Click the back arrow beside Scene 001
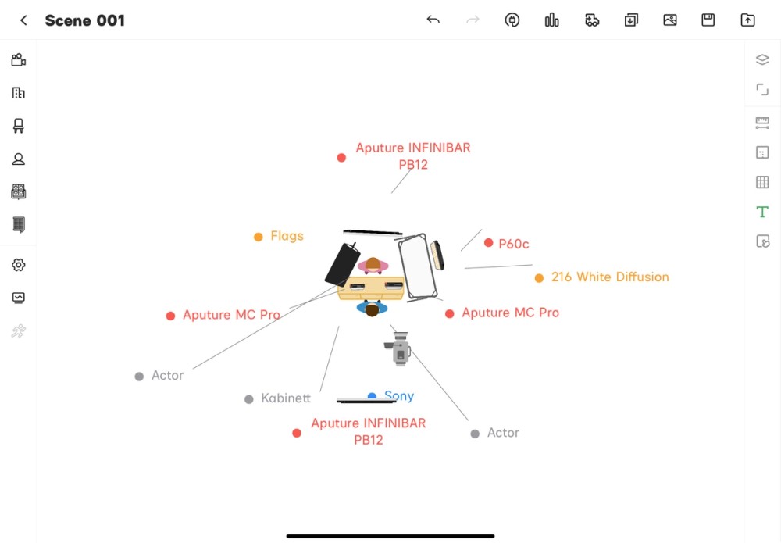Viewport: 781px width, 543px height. point(23,20)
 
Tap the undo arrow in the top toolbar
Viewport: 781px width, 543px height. point(433,20)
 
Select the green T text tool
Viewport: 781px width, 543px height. point(762,212)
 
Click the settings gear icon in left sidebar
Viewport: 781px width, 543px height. point(19,265)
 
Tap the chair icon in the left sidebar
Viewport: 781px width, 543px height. point(19,126)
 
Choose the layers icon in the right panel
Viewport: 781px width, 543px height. point(762,59)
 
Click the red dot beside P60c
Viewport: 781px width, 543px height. point(489,243)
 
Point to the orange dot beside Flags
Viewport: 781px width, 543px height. point(258,237)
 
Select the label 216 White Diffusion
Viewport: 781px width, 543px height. point(610,277)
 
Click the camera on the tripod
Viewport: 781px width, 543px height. point(398,348)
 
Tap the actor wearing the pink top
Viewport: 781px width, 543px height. point(373,265)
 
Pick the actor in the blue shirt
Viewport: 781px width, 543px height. point(372,309)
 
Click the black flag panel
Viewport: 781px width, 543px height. point(342,264)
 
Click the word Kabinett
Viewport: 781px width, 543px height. point(285,398)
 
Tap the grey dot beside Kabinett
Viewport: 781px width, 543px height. point(249,399)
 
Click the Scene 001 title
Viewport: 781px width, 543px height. point(84,20)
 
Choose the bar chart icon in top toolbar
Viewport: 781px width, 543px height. point(551,20)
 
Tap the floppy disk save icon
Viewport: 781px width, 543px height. point(708,20)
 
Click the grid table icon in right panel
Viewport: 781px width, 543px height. point(762,182)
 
